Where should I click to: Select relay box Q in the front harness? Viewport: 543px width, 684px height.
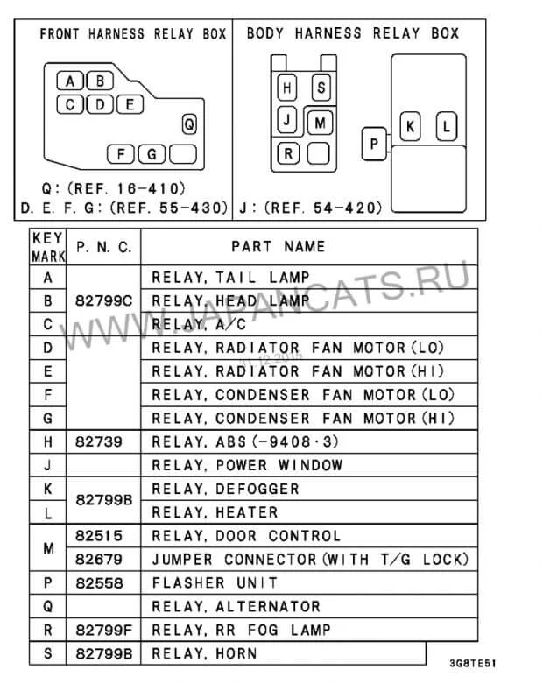coord(189,124)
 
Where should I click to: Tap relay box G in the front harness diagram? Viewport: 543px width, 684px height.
coord(152,154)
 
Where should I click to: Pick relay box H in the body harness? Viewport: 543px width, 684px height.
coord(287,88)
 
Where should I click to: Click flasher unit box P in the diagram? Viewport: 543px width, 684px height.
coord(374,143)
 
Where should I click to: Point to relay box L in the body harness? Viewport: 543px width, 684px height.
coord(446,126)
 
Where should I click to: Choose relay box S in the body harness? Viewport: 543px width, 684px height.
coord(321,88)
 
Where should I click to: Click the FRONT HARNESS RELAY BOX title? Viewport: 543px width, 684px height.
coord(132,34)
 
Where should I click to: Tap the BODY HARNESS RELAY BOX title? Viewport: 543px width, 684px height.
coord(353,33)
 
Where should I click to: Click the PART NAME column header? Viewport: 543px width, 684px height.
coord(278,247)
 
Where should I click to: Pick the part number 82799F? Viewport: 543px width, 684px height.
coord(104,630)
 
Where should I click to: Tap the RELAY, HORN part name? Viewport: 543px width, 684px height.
coord(205,653)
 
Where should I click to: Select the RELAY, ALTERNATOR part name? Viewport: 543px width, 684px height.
coord(236,606)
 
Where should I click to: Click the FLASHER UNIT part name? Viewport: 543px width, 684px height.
coord(215,582)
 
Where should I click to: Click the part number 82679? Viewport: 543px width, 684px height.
coord(99,559)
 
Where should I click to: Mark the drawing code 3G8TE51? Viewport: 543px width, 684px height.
coord(474,663)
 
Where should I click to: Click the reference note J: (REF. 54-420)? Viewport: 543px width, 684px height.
coord(311,208)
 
